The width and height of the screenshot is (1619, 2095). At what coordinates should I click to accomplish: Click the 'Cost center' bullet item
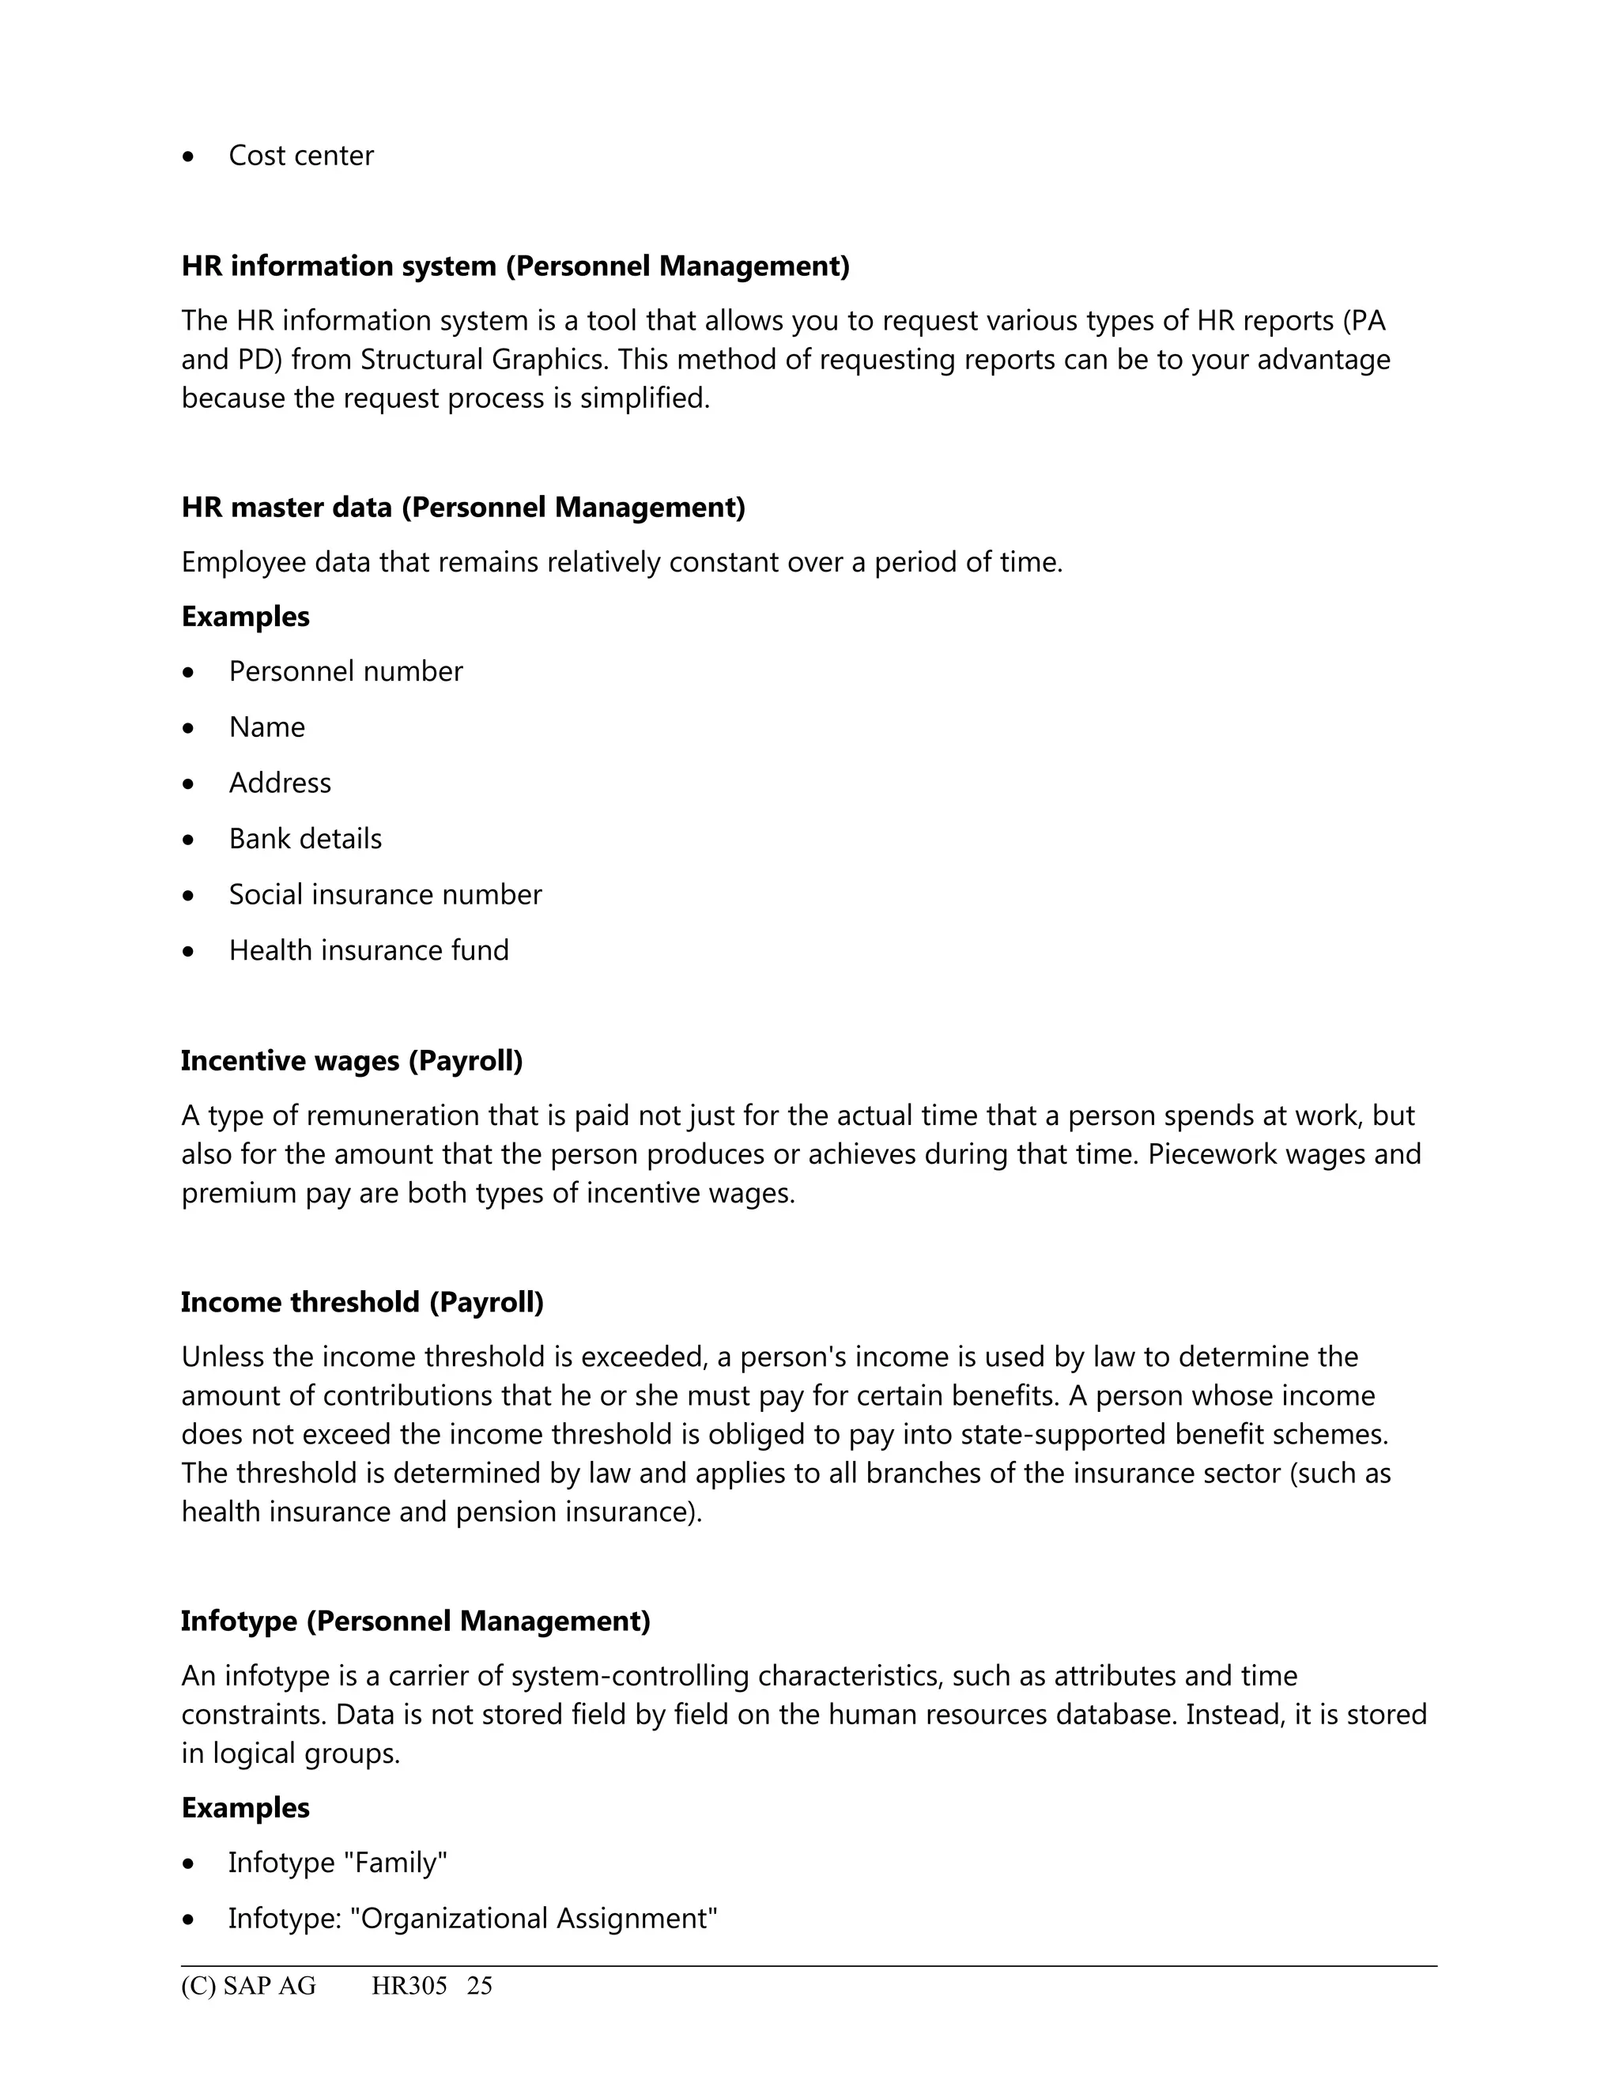coord(300,156)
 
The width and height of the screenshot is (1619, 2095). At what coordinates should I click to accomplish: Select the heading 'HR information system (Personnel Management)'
coord(515,266)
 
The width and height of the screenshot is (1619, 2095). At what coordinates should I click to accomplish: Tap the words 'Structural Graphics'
coord(485,360)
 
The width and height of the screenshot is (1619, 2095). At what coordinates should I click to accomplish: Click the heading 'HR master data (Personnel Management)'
coord(463,508)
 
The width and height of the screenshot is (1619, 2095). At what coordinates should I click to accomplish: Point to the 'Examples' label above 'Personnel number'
coord(246,617)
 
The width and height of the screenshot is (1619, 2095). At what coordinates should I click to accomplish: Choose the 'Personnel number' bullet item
coord(345,671)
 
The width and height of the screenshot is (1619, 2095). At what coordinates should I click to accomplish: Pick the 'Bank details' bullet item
coord(305,840)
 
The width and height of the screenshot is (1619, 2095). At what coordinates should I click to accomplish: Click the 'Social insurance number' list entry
coord(385,895)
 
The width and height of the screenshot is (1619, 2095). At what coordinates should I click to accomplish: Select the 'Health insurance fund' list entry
coord(368,950)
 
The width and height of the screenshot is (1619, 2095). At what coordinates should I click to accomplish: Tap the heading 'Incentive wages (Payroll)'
coord(352,1061)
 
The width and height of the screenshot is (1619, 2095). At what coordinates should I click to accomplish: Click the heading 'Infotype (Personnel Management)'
coord(415,1621)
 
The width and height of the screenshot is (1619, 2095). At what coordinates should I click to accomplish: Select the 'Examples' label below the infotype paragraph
coord(246,1808)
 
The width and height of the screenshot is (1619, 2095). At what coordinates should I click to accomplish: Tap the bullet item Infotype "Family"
coord(338,1863)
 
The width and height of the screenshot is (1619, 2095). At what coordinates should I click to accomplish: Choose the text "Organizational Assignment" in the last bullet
coord(534,1919)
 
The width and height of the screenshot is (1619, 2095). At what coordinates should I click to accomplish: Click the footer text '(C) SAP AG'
coord(248,1987)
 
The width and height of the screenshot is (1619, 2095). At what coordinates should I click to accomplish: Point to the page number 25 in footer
coord(480,1987)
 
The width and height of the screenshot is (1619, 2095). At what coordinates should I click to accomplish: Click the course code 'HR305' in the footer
coord(409,1987)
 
